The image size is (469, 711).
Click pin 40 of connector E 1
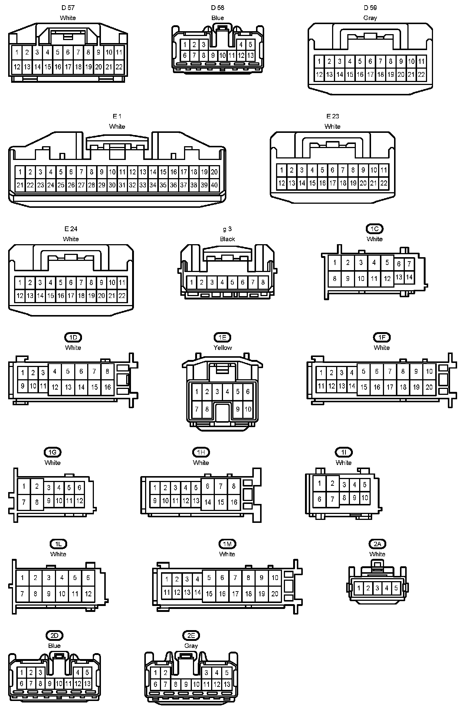(214, 185)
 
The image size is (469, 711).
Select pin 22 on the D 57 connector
(119, 67)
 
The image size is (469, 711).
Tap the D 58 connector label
(218, 7)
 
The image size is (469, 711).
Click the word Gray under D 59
(370, 18)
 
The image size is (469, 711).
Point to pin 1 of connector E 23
(282, 170)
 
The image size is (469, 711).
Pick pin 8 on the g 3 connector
(263, 282)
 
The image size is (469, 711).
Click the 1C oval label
(374, 229)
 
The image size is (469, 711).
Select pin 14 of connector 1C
(409, 277)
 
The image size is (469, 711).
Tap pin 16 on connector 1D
(107, 387)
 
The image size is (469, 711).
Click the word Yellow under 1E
(223, 348)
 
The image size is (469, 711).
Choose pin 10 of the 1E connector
(248, 409)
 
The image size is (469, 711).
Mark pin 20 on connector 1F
(429, 387)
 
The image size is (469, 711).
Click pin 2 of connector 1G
(37, 486)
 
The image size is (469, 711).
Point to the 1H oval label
(201, 452)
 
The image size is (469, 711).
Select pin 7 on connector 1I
(332, 499)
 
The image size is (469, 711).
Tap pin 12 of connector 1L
(88, 593)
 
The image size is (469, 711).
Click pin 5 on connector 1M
(209, 577)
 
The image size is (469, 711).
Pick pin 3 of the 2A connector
(377, 588)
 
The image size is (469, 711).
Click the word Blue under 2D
(54, 646)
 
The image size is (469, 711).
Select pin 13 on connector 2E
(227, 684)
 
